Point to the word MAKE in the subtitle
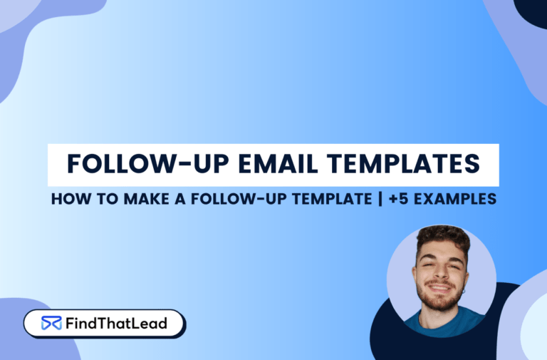[x=135, y=200]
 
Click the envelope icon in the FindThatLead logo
[x=51, y=323]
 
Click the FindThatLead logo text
[x=115, y=323]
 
